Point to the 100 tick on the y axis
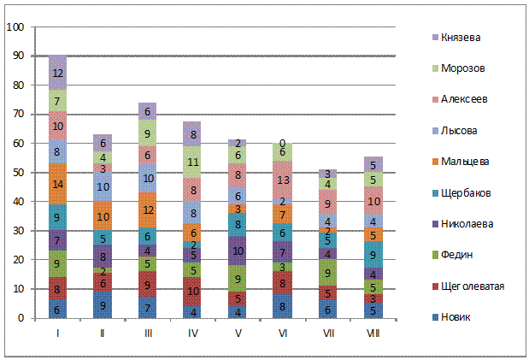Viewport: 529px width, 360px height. tap(15, 27)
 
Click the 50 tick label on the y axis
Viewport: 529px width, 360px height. tap(17, 173)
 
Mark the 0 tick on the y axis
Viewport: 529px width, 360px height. tap(20, 318)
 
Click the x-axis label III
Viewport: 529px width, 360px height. tap(149, 333)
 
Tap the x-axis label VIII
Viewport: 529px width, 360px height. tap(372, 333)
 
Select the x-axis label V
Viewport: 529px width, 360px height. tap(238, 333)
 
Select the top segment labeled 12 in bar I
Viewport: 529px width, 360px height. tap(57, 74)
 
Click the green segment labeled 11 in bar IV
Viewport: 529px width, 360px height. tap(193, 162)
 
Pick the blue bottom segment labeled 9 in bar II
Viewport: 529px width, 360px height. tap(103, 304)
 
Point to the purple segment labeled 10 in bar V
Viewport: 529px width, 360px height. tap(238, 251)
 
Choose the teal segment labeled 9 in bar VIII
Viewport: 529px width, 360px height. tap(372, 254)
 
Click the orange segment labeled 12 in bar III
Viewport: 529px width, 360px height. tap(149, 210)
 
